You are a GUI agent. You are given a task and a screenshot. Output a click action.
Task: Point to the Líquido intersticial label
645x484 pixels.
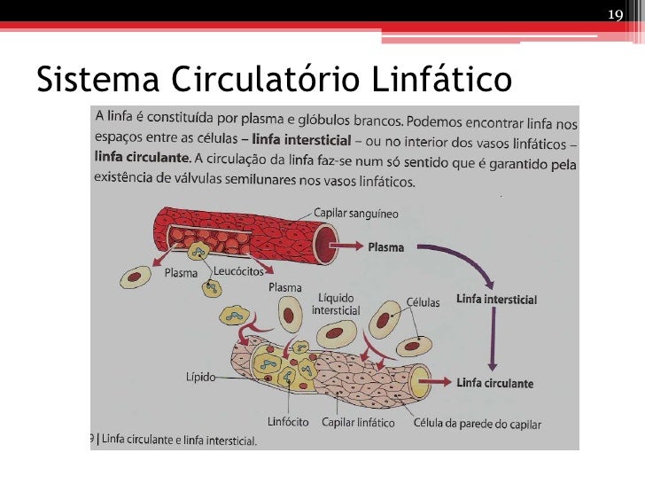(336, 305)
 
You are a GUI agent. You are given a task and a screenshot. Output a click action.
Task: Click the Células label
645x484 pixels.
(423, 301)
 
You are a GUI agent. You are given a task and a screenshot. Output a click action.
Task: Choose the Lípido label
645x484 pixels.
(201, 377)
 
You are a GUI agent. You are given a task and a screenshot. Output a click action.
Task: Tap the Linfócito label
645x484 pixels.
(288, 422)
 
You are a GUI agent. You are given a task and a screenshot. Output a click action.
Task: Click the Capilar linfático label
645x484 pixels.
(358, 422)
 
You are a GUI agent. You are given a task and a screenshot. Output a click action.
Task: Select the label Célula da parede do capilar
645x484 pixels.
(477, 422)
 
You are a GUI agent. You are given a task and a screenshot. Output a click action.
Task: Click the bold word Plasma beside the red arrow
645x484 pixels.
(385, 247)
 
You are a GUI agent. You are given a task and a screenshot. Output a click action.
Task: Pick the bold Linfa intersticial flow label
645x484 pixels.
(496, 300)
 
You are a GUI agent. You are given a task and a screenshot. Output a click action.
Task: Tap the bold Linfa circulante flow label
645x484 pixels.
(495, 384)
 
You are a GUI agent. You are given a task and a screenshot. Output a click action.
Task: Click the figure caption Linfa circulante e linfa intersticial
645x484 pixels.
(178, 441)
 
